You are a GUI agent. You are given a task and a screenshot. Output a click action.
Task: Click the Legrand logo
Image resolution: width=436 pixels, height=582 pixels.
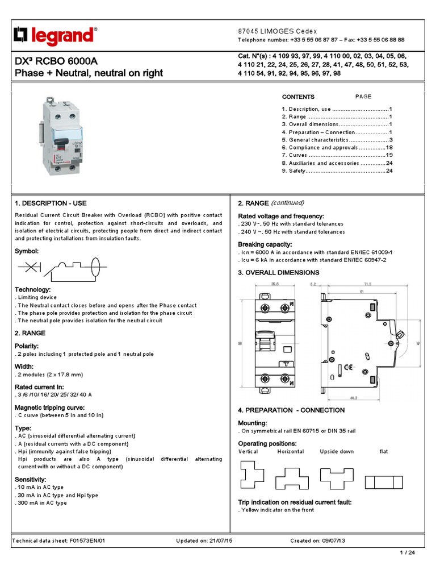pos(54,36)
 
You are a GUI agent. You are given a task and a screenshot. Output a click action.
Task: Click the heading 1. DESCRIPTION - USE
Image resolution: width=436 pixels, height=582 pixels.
pos(51,203)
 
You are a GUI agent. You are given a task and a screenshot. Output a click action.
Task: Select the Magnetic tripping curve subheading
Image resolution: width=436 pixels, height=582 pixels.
pos(50,408)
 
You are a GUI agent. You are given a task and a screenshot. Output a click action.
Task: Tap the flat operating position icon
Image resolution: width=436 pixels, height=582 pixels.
pos(383,482)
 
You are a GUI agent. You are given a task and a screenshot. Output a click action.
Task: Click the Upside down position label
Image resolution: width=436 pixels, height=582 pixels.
pos(337,451)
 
